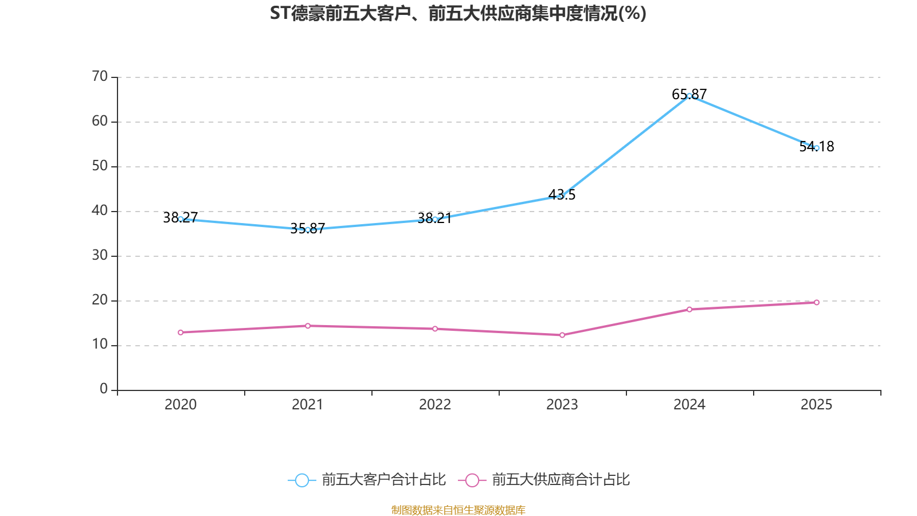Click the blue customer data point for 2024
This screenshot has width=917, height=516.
click(689, 96)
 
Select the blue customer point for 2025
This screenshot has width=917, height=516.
click(816, 148)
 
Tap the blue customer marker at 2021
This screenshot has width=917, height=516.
click(308, 230)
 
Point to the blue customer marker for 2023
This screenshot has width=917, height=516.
click(562, 196)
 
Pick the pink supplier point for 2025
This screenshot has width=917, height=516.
click(816, 302)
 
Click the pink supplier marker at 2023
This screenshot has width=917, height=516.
click(562, 335)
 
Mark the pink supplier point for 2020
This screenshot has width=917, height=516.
click(181, 333)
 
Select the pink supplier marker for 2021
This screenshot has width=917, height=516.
click(308, 326)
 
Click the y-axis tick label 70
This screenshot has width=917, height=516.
click(100, 76)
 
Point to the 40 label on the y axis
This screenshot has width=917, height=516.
click(100, 210)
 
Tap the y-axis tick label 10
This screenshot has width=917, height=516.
click(100, 345)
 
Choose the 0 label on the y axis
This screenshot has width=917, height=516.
click(104, 389)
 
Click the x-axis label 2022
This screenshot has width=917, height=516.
click(435, 405)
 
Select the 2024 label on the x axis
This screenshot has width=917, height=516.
click(689, 405)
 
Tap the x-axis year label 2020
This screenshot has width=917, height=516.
click(181, 405)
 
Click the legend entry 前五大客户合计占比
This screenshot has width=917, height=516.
click(367, 480)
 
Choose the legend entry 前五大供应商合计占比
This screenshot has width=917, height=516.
click(544, 480)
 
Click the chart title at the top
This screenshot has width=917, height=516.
click(458, 13)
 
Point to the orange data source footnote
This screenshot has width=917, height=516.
click(458, 510)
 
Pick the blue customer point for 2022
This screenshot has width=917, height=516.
click(435, 219)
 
